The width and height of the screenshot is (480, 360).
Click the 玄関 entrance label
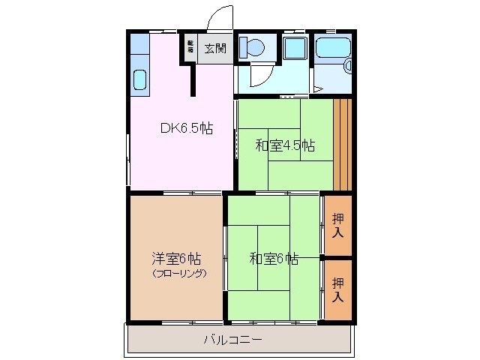click(215, 49)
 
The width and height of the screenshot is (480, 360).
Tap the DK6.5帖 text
click(187, 128)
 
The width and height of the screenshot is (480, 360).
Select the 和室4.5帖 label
click(284, 145)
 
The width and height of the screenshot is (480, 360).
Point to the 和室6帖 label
click(274, 259)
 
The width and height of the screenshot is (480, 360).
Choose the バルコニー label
click(232, 340)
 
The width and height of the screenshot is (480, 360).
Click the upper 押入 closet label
click(339, 226)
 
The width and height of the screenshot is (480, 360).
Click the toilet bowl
click(252, 48)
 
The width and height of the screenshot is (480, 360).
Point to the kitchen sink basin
click(140, 79)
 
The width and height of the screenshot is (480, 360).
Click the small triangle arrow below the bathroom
click(318, 89)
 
